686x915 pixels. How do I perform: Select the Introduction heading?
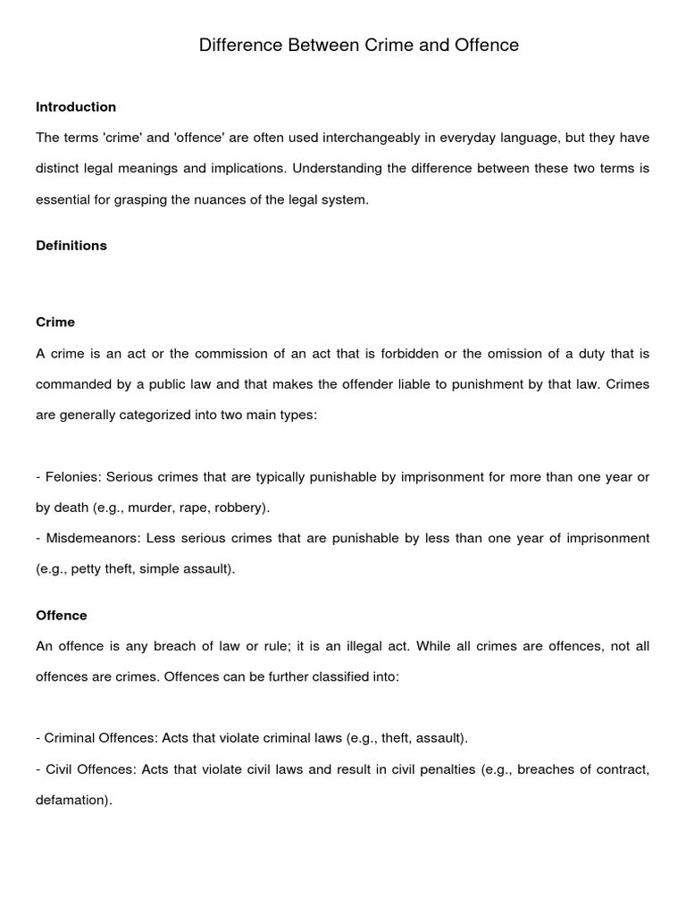tap(76, 107)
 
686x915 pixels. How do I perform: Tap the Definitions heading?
tap(71, 246)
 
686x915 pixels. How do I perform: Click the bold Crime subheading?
tap(55, 322)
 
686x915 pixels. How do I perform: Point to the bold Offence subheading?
tap(62, 616)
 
